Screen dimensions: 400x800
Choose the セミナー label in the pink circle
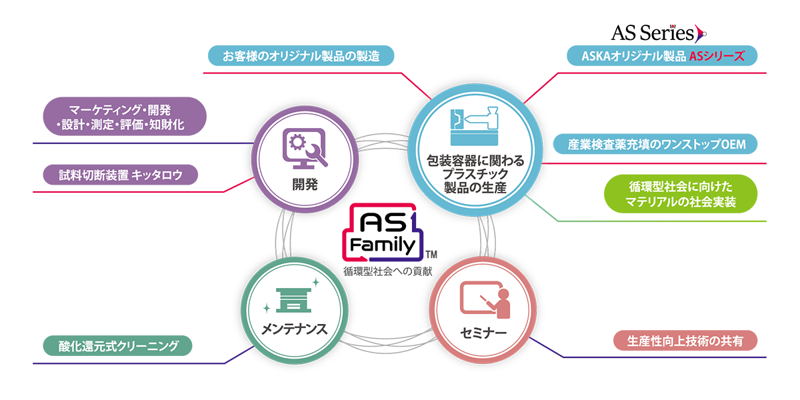[x=483, y=331]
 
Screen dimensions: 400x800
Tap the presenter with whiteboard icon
[x=484, y=299]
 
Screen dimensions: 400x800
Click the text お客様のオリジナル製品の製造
[x=301, y=57]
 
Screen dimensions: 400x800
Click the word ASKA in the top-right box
[x=596, y=57]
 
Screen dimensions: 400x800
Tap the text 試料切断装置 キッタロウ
[x=120, y=175]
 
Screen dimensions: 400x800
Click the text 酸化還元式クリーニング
[x=118, y=346]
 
